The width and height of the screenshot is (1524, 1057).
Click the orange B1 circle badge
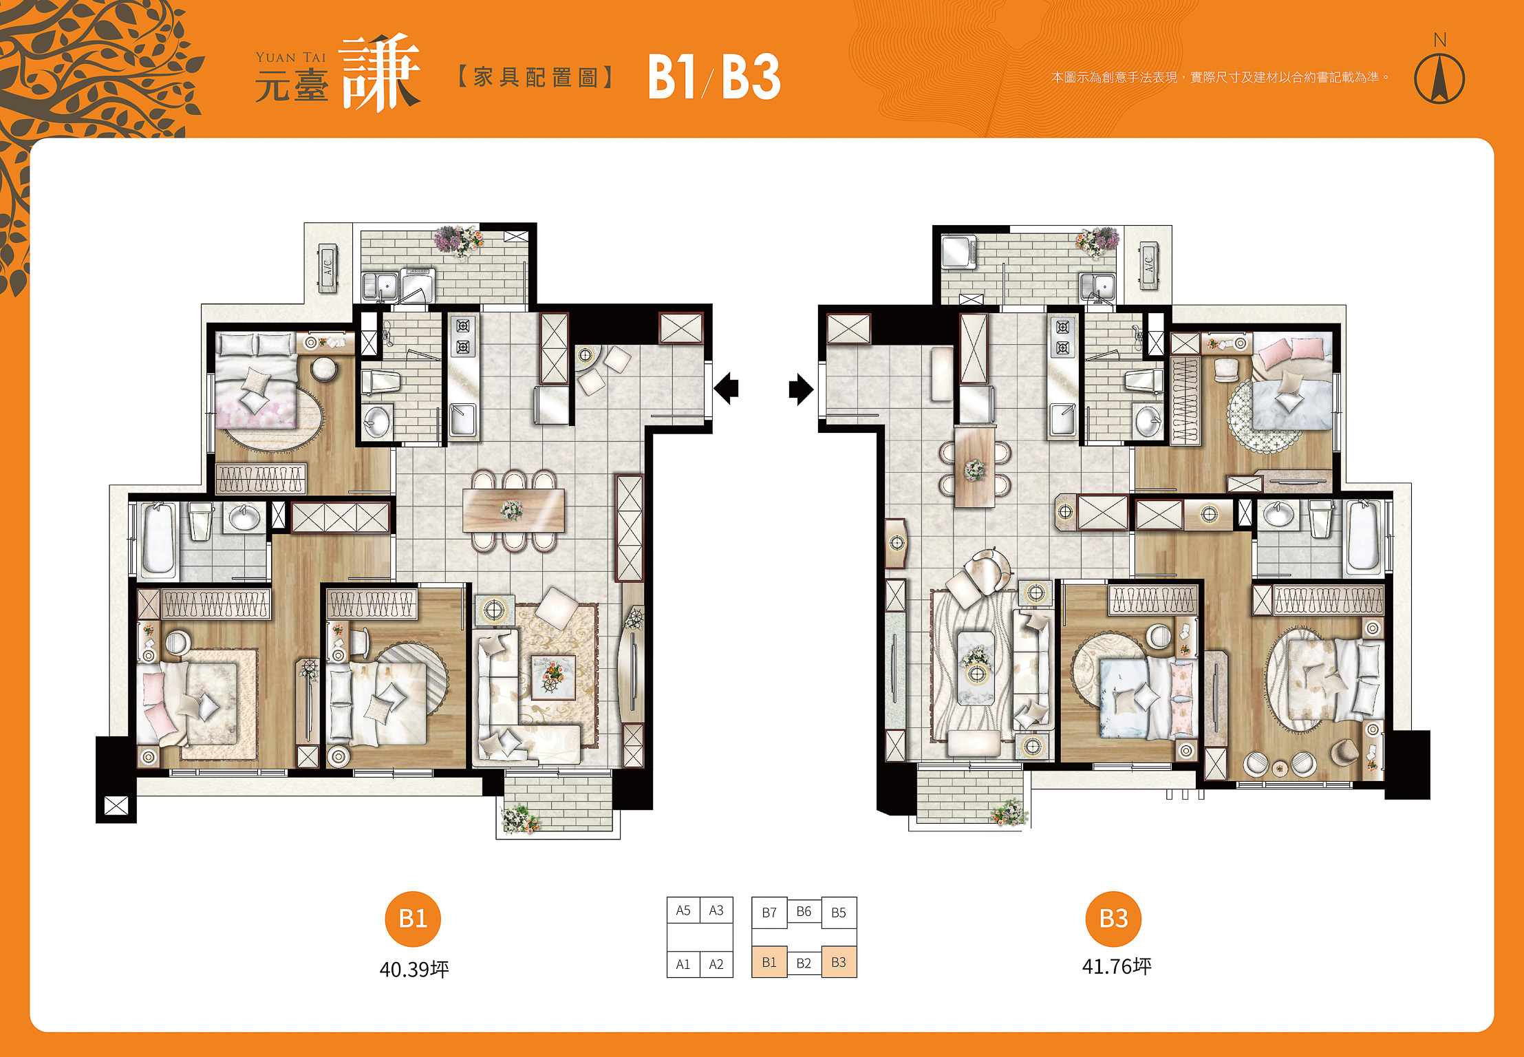point(413,919)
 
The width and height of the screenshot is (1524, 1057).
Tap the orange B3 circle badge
point(1113,919)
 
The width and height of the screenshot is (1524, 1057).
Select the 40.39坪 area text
point(414,969)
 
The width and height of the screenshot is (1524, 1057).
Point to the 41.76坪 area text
point(1117,966)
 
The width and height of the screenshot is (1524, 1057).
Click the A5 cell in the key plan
point(683,910)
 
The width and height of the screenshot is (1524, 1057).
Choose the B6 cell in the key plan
point(804,912)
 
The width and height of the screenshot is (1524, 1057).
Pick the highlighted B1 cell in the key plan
point(769,962)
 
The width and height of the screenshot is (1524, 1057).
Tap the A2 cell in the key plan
point(716,964)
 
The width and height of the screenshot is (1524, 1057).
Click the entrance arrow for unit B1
point(726,388)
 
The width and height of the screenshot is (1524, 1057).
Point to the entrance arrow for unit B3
point(801,389)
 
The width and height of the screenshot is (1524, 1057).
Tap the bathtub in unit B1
point(158,539)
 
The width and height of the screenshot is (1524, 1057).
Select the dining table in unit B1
point(513,510)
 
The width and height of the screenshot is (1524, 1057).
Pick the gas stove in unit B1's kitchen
point(463,337)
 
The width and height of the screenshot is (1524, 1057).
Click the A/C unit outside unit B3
point(1148,266)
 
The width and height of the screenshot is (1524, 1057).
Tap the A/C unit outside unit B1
point(328,268)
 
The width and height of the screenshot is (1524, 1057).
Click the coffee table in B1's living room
point(552,676)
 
